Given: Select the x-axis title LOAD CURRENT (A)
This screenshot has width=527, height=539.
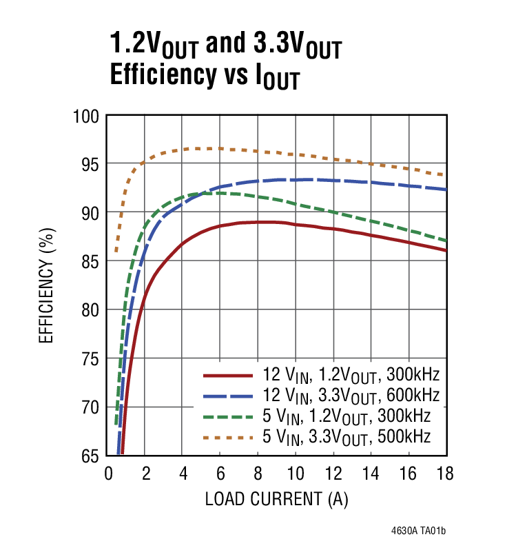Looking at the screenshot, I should click(x=278, y=498).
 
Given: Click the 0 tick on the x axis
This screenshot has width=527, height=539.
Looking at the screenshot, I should click(x=107, y=474).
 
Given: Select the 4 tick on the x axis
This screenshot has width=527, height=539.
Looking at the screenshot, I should click(x=183, y=474).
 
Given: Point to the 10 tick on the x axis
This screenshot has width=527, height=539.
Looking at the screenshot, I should click(x=296, y=474).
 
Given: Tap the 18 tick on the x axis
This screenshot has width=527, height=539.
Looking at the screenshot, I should click(x=446, y=474).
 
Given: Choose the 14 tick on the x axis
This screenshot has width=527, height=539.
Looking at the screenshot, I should click(x=371, y=474).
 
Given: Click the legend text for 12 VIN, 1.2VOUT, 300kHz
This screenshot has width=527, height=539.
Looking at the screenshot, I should click(x=350, y=376).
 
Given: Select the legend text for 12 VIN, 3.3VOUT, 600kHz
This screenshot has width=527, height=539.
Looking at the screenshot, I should click(x=350, y=396).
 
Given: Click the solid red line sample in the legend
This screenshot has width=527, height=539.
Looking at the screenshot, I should click(x=227, y=376).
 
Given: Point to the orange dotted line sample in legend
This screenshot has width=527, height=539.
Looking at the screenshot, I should click(x=227, y=437).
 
